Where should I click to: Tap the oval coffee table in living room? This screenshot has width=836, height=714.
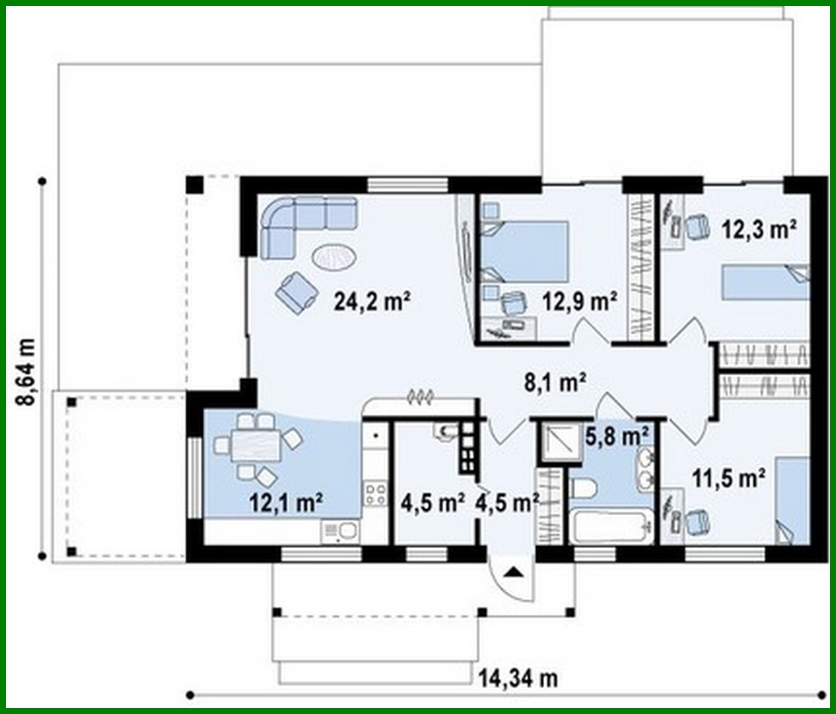click(x=334, y=256)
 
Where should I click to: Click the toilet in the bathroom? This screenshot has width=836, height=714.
click(x=583, y=489)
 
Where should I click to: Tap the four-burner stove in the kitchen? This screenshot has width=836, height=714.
click(x=375, y=492)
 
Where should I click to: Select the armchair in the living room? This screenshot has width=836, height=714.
click(x=296, y=291)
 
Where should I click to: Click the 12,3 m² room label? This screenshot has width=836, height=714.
click(x=759, y=229)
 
